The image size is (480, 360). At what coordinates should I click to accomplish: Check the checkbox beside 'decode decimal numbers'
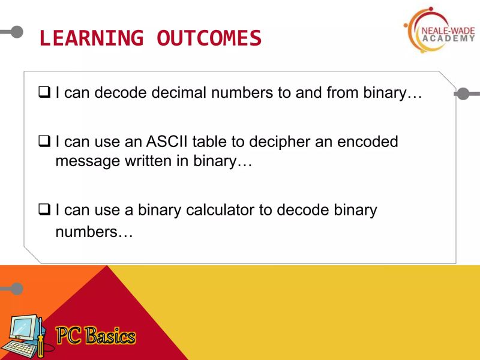[x=44, y=94]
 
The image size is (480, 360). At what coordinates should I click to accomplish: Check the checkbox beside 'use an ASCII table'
[x=44, y=142]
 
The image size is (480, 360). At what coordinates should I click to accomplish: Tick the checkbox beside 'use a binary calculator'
[x=44, y=211]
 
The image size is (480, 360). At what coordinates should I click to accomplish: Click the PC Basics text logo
[x=96, y=337]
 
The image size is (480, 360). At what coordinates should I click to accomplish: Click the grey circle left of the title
[x=16, y=31]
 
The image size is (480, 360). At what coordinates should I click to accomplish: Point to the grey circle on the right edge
[x=463, y=94]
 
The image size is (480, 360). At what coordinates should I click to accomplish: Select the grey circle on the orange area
[x=16, y=289]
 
